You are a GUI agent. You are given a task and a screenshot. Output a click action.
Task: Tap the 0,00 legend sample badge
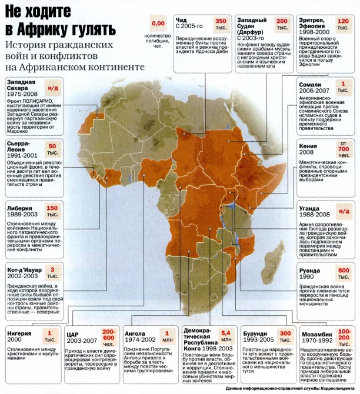[158, 24]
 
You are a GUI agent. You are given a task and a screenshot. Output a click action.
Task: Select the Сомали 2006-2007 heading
[314, 88]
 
